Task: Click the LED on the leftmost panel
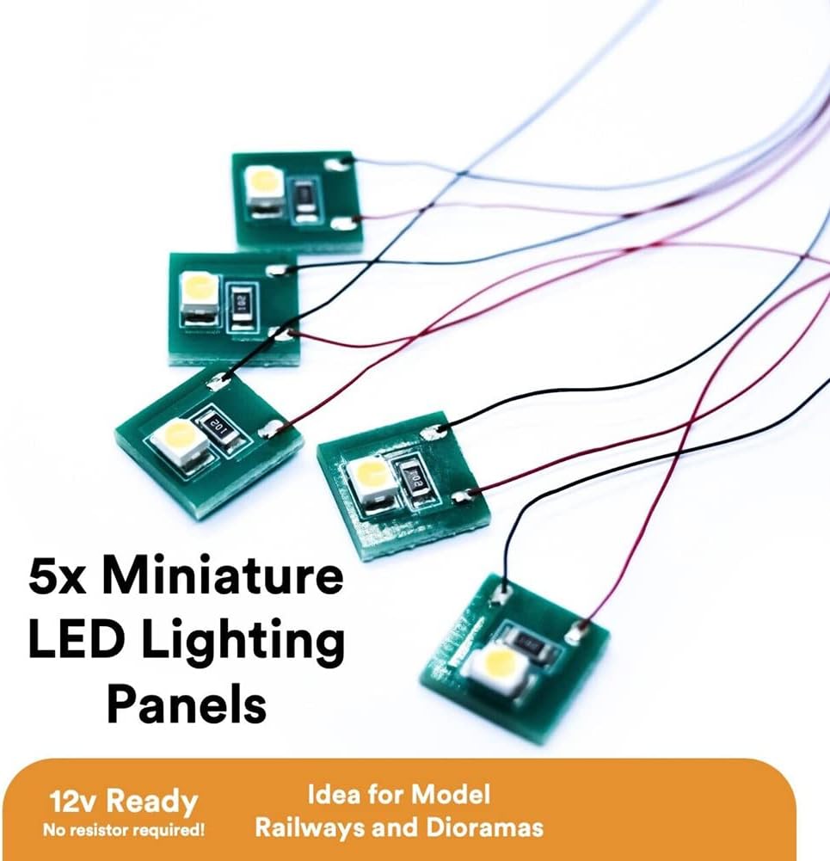pos(178,440)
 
